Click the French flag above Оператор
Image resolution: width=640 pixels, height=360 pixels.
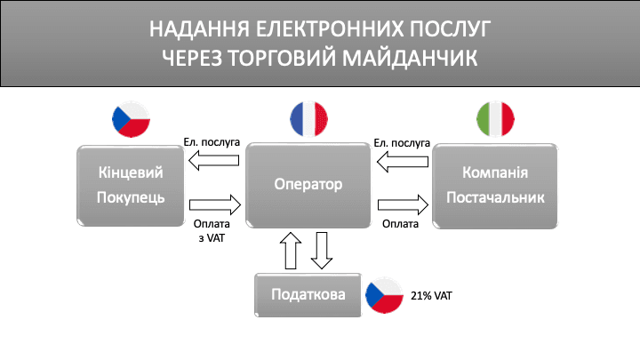308,119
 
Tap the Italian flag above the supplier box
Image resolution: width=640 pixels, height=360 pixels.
495,119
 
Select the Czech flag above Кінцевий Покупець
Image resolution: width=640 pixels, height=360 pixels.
131,119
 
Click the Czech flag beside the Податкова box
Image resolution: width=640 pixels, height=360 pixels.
384,295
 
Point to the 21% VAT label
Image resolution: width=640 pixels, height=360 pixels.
431,296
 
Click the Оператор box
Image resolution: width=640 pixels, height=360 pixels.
308,185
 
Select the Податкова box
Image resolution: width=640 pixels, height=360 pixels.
308,295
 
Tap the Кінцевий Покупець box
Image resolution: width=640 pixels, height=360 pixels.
131,186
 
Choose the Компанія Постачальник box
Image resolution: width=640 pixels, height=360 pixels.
495,186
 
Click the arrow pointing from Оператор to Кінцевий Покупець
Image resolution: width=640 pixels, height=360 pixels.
214,160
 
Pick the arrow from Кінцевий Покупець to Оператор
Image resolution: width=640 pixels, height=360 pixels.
215,204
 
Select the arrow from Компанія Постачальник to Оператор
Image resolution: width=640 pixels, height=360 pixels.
403,162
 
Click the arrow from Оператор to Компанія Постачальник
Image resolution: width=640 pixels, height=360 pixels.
404,204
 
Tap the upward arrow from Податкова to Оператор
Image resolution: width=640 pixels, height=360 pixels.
291,251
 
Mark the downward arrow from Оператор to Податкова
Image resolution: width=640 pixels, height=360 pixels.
322,251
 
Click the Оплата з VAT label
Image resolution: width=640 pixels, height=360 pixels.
212,231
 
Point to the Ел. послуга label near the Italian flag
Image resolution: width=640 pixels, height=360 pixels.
402,143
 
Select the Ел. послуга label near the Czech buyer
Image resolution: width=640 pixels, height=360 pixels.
212,142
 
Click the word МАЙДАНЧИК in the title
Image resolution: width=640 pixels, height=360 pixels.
410,59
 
